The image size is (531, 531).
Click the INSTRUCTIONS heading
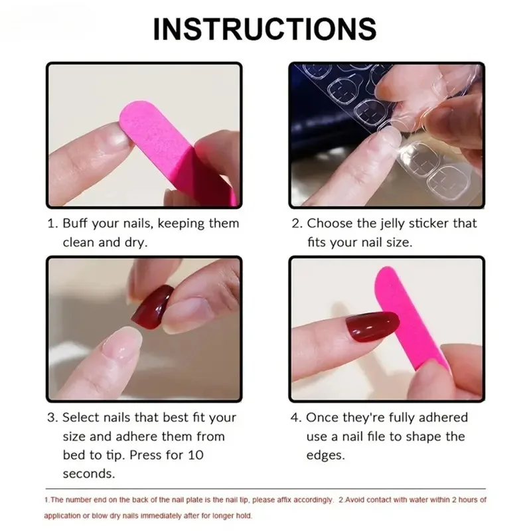click(265, 30)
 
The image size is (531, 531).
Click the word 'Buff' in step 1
click(78, 224)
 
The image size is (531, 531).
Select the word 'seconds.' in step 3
click(88, 474)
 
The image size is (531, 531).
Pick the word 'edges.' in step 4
click(326, 455)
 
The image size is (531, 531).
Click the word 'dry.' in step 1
click(135, 242)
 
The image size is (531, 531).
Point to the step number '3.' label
click(52, 417)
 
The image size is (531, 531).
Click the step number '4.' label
click(297, 417)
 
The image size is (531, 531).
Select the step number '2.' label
click(297, 224)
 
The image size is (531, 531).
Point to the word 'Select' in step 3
click(82, 417)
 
